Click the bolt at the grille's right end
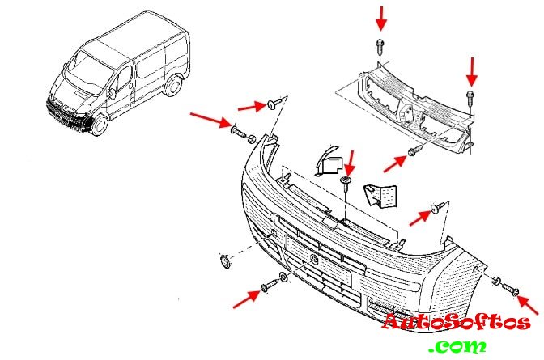tap(470, 97)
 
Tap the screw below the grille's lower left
tap(414, 151)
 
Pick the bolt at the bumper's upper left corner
tap(239, 131)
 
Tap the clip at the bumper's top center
tap(346, 180)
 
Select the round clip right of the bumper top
tap(438, 209)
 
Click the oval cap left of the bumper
tap(225, 260)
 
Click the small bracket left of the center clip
tap(326, 163)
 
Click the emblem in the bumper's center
tap(312, 257)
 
